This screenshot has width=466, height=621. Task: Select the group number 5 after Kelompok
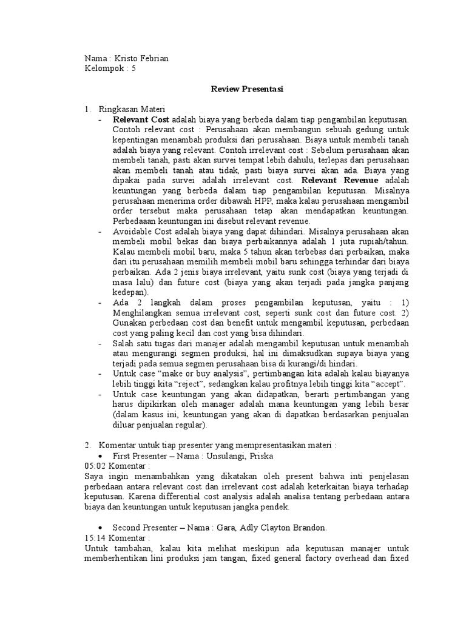(x=134, y=69)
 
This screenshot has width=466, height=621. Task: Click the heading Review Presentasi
(x=247, y=89)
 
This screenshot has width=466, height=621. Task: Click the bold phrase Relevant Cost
(x=141, y=119)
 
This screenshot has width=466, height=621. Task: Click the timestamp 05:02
(x=94, y=466)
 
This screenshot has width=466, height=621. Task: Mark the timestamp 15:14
(x=94, y=537)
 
